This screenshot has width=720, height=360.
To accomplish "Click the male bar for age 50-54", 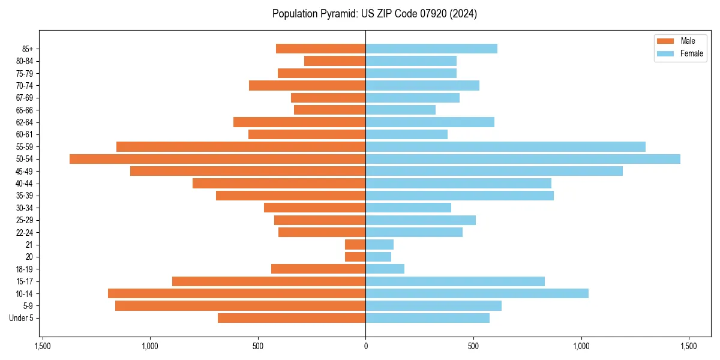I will pos(217,159).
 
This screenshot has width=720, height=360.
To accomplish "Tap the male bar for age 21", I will pos(355,245).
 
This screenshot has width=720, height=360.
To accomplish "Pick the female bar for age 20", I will pos(378,257).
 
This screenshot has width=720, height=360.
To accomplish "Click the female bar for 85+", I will pos(431,49).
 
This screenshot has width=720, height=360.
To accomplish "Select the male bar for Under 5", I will pos(292,318).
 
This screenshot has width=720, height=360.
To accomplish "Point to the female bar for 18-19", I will pos(385,269).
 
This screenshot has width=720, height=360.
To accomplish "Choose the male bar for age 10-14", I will pos(236,293).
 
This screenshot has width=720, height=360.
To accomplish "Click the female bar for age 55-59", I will pos(505,146).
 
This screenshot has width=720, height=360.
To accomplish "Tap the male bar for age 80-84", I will pos(335,61).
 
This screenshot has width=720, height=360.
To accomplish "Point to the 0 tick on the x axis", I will pos(365,346).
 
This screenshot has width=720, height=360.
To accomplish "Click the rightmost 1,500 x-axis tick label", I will pos(689,346).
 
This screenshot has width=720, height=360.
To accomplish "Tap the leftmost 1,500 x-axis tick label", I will pos(43,346).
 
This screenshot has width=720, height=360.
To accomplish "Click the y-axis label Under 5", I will pos(22,318).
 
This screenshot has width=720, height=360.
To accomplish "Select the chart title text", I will pos(374,14).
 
